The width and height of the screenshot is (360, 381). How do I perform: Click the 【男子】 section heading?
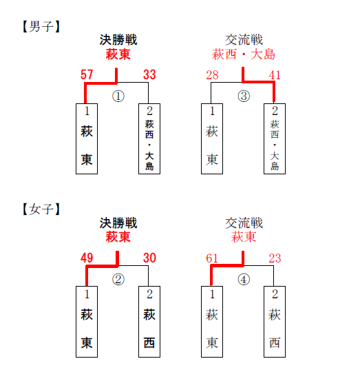pyautogui.click(x=41, y=26)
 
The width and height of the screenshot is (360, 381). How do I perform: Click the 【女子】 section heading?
pyautogui.click(x=41, y=209)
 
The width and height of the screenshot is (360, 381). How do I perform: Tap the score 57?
pyautogui.click(x=87, y=74)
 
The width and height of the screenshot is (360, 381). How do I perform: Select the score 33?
pyautogui.click(x=149, y=74)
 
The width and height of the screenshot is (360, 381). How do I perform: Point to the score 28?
pyautogui.click(x=212, y=75)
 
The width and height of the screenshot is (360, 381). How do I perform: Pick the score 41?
pyautogui.click(x=275, y=75)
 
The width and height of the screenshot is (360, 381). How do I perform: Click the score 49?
pyautogui.click(x=87, y=258)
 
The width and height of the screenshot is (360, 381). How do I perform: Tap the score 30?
pyautogui.click(x=149, y=258)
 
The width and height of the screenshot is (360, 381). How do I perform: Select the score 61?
pyautogui.click(x=212, y=258)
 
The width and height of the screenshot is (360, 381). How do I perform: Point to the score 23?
pyautogui.click(x=275, y=258)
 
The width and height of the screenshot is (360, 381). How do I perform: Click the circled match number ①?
pyautogui.click(x=118, y=96)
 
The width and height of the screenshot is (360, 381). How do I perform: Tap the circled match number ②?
pyautogui.click(x=118, y=280)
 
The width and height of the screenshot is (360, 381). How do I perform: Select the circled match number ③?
pyautogui.click(x=244, y=96)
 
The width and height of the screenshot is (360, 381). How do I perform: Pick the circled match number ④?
pyautogui.click(x=244, y=280)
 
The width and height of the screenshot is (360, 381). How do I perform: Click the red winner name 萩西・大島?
pyautogui.click(x=244, y=54)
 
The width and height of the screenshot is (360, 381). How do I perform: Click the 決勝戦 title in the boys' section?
pyautogui.click(x=118, y=40)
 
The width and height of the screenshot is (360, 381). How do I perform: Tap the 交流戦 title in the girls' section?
pyautogui.click(x=244, y=223)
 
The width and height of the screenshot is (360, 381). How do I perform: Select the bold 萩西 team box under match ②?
pyautogui.click(x=149, y=322)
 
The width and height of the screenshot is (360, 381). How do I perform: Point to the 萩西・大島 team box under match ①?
pyautogui.click(x=149, y=138)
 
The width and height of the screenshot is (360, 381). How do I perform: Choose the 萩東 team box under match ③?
pyautogui.click(x=212, y=138)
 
